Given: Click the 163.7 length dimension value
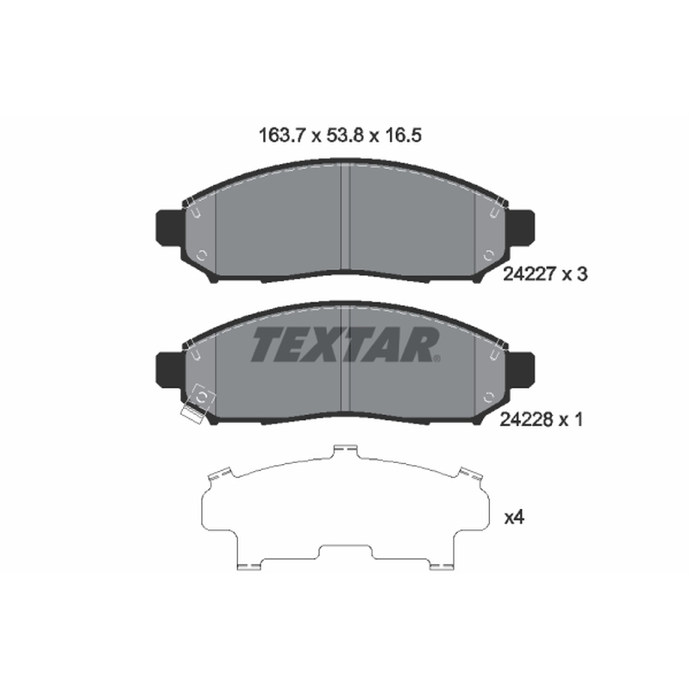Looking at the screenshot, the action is (282, 135).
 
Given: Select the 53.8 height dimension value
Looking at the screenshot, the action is (345, 135).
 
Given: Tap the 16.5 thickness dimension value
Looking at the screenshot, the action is (403, 135).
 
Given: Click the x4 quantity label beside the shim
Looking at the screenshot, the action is (514, 518).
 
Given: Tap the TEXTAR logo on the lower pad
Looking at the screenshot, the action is (346, 344).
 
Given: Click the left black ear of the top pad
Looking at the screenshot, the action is (169, 228).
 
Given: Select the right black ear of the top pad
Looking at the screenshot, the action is (522, 228).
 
